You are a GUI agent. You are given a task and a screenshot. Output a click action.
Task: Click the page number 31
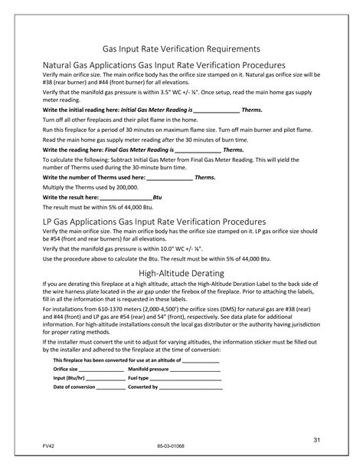315,439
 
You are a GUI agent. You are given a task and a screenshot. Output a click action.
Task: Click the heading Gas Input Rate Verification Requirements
181,48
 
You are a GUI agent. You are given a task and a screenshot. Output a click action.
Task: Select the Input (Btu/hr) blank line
106,378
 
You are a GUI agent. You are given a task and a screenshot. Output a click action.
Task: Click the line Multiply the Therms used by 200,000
85,186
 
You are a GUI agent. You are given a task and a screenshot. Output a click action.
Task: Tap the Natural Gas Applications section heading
164,66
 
